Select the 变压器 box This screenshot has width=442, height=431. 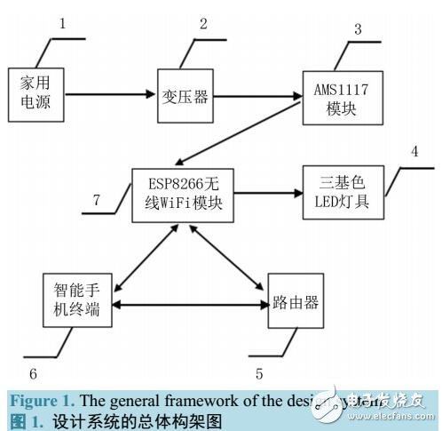coord(185,96)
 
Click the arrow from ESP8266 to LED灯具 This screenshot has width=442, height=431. coord(267,190)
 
